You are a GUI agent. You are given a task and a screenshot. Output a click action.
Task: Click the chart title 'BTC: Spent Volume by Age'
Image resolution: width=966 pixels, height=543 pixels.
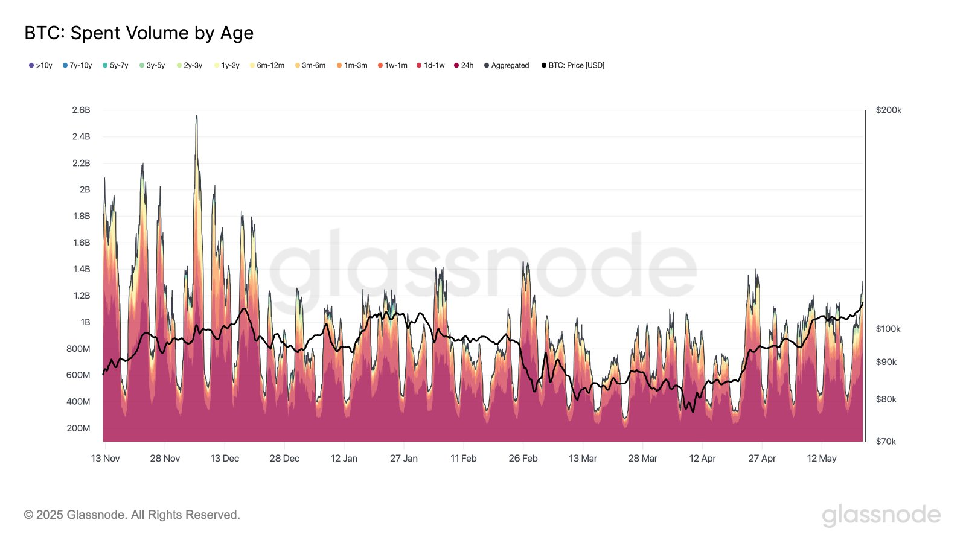click(139, 33)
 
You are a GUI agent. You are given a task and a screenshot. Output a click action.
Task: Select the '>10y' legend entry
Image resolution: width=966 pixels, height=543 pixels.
click(40, 65)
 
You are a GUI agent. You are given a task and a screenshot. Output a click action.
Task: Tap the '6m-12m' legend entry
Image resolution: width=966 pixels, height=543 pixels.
click(267, 65)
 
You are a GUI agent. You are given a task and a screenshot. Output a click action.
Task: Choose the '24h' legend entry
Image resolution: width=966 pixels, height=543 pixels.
click(464, 65)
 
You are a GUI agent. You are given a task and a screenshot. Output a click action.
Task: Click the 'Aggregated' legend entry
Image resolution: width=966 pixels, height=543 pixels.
click(507, 65)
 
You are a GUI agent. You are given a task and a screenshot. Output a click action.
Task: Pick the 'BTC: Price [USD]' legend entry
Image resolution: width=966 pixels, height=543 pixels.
click(573, 65)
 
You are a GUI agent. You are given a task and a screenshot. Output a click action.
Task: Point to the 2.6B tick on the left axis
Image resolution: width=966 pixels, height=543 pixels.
click(81, 110)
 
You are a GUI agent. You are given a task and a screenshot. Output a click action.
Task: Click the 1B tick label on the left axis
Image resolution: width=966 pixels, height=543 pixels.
click(85, 322)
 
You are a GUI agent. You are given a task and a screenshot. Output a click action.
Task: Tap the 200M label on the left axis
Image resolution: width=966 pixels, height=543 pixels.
click(78, 428)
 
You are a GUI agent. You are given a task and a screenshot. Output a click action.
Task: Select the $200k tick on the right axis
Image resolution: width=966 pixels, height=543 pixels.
click(888, 110)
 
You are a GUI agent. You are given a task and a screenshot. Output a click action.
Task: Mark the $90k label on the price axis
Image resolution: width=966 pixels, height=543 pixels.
click(886, 362)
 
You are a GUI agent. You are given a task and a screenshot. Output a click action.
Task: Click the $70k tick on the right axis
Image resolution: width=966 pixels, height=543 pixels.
click(886, 442)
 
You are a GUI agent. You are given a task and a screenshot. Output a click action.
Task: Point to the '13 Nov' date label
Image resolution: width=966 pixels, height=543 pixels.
click(105, 459)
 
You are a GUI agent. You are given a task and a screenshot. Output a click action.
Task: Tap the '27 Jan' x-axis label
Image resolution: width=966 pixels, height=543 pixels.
click(403, 459)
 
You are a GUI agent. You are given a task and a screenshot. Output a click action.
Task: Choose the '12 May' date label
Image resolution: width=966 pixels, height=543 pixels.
click(822, 459)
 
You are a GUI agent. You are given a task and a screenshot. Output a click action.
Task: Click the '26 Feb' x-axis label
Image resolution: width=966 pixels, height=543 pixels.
click(523, 459)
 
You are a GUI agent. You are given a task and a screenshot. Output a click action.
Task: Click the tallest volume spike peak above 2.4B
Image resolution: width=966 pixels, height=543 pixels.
click(196, 116)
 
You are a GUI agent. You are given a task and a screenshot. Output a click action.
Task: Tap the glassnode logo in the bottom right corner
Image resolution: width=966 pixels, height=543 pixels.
click(881, 515)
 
